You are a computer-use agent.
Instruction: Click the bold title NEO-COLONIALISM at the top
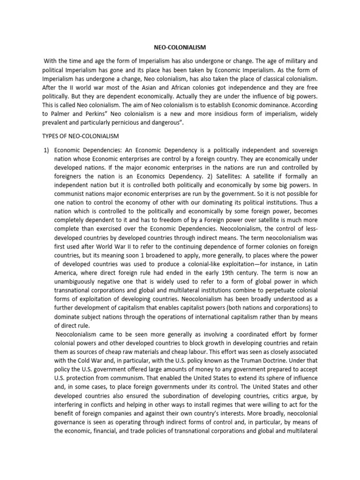[x=180, y=47]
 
